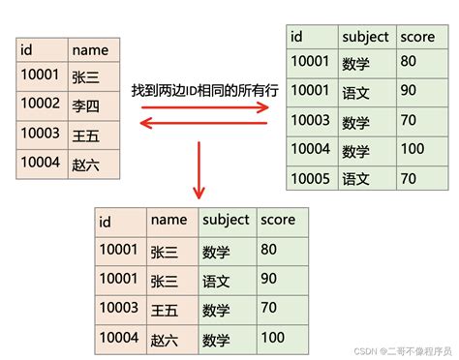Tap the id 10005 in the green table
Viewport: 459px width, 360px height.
pyautogui.click(x=310, y=178)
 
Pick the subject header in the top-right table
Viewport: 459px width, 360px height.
pyautogui.click(x=366, y=37)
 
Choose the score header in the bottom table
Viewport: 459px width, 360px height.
pyautogui.click(x=277, y=221)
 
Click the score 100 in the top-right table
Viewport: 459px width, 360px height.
pyautogui.click(x=413, y=150)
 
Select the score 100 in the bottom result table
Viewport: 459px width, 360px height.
pyautogui.click(x=273, y=337)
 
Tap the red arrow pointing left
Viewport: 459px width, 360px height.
pyautogui.click(x=203, y=123)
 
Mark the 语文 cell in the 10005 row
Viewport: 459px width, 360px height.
pyautogui.click(x=355, y=178)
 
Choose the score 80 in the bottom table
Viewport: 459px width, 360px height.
pyautogui.click(x=268, y=250)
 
